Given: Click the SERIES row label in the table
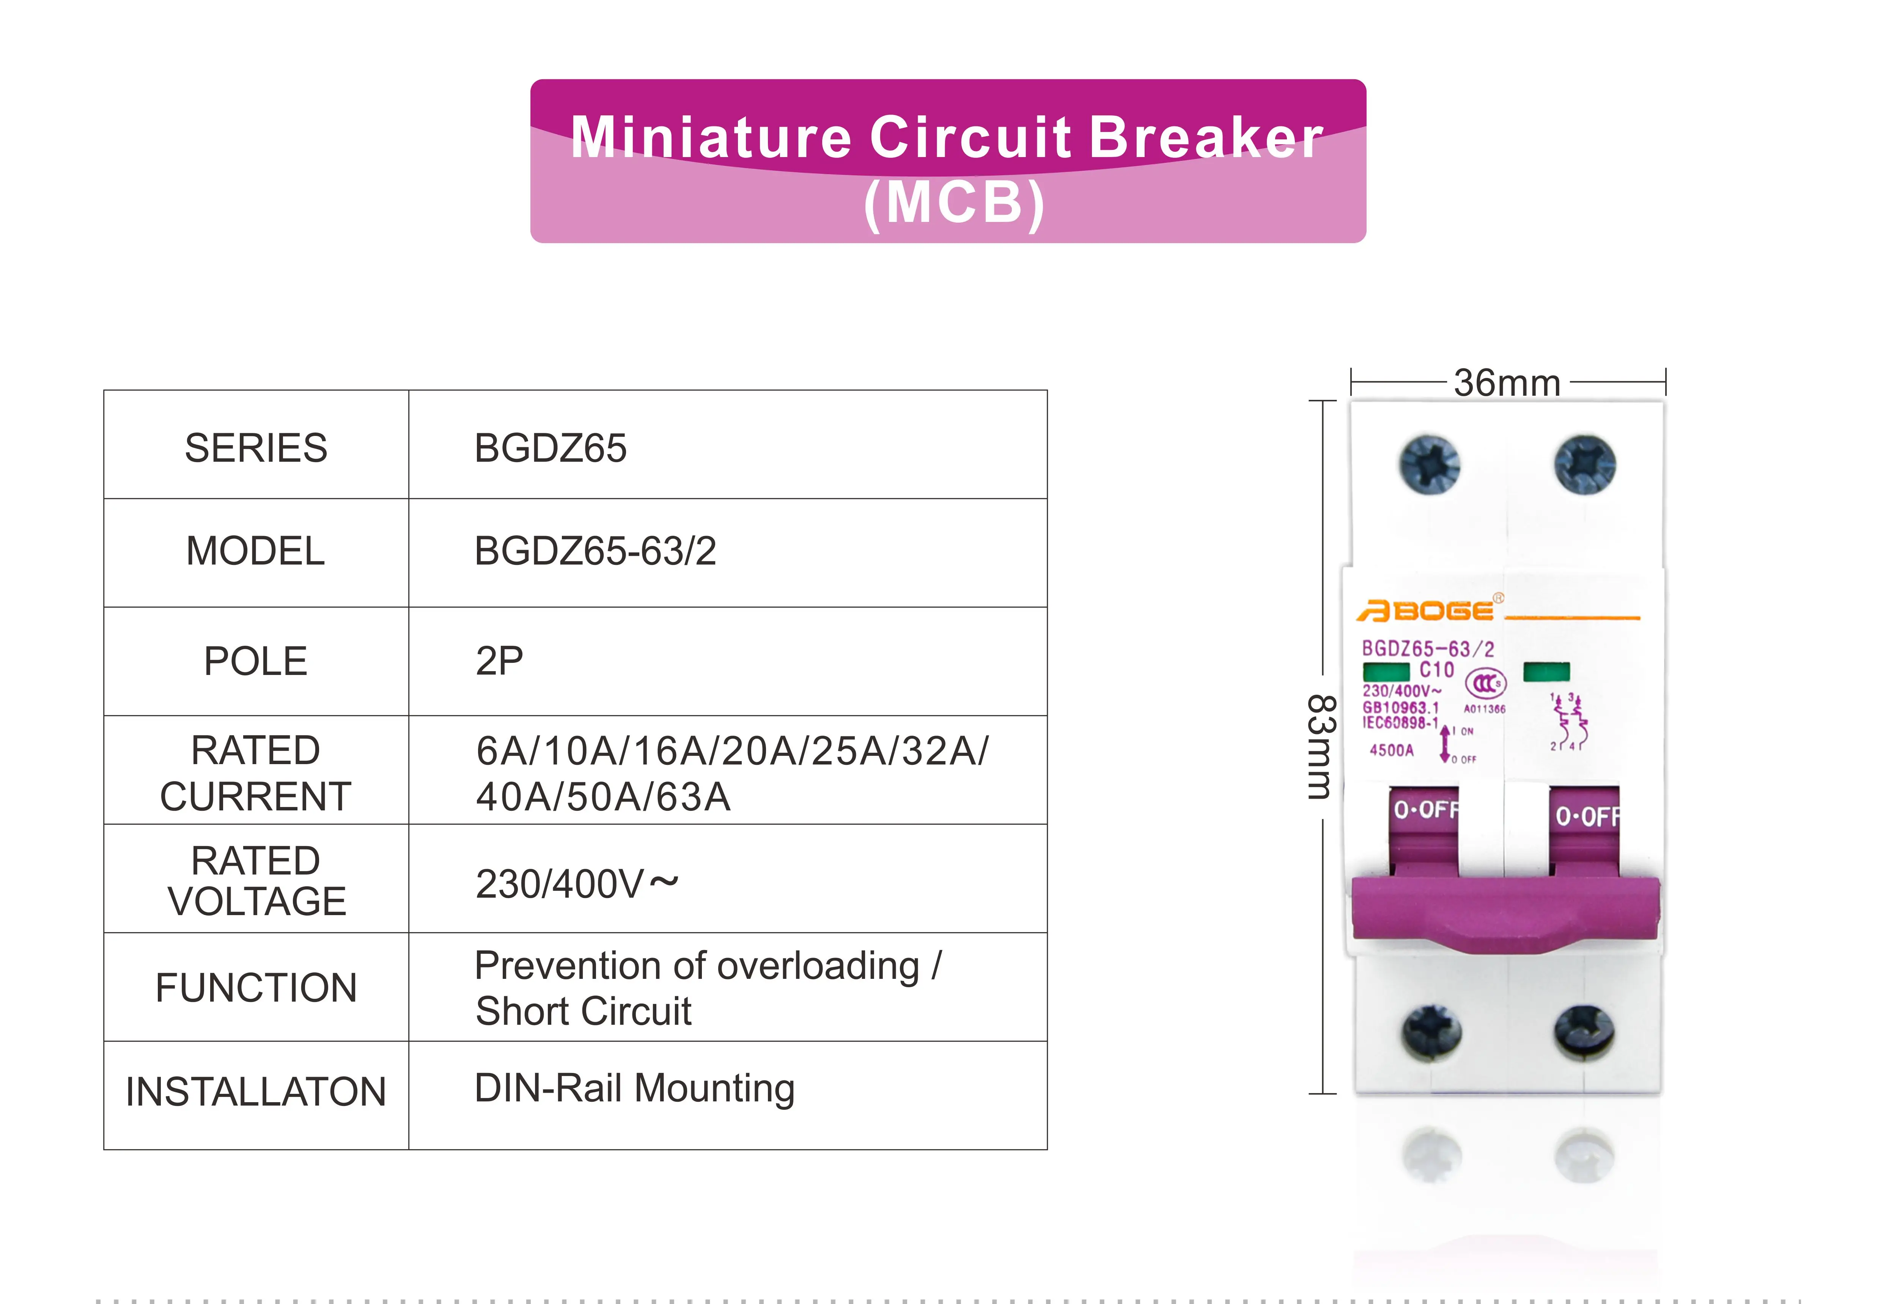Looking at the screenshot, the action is tap(256, 448).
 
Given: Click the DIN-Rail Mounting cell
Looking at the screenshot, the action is tap(634, 1088).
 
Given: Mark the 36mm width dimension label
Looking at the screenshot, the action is tap(1507, 383).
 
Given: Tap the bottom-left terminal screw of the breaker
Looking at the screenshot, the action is tap(1431, 1033).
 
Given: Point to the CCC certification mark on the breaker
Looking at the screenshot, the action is tap(1485, 683).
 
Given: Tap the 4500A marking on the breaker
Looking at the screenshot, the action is tap(1391, 750).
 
